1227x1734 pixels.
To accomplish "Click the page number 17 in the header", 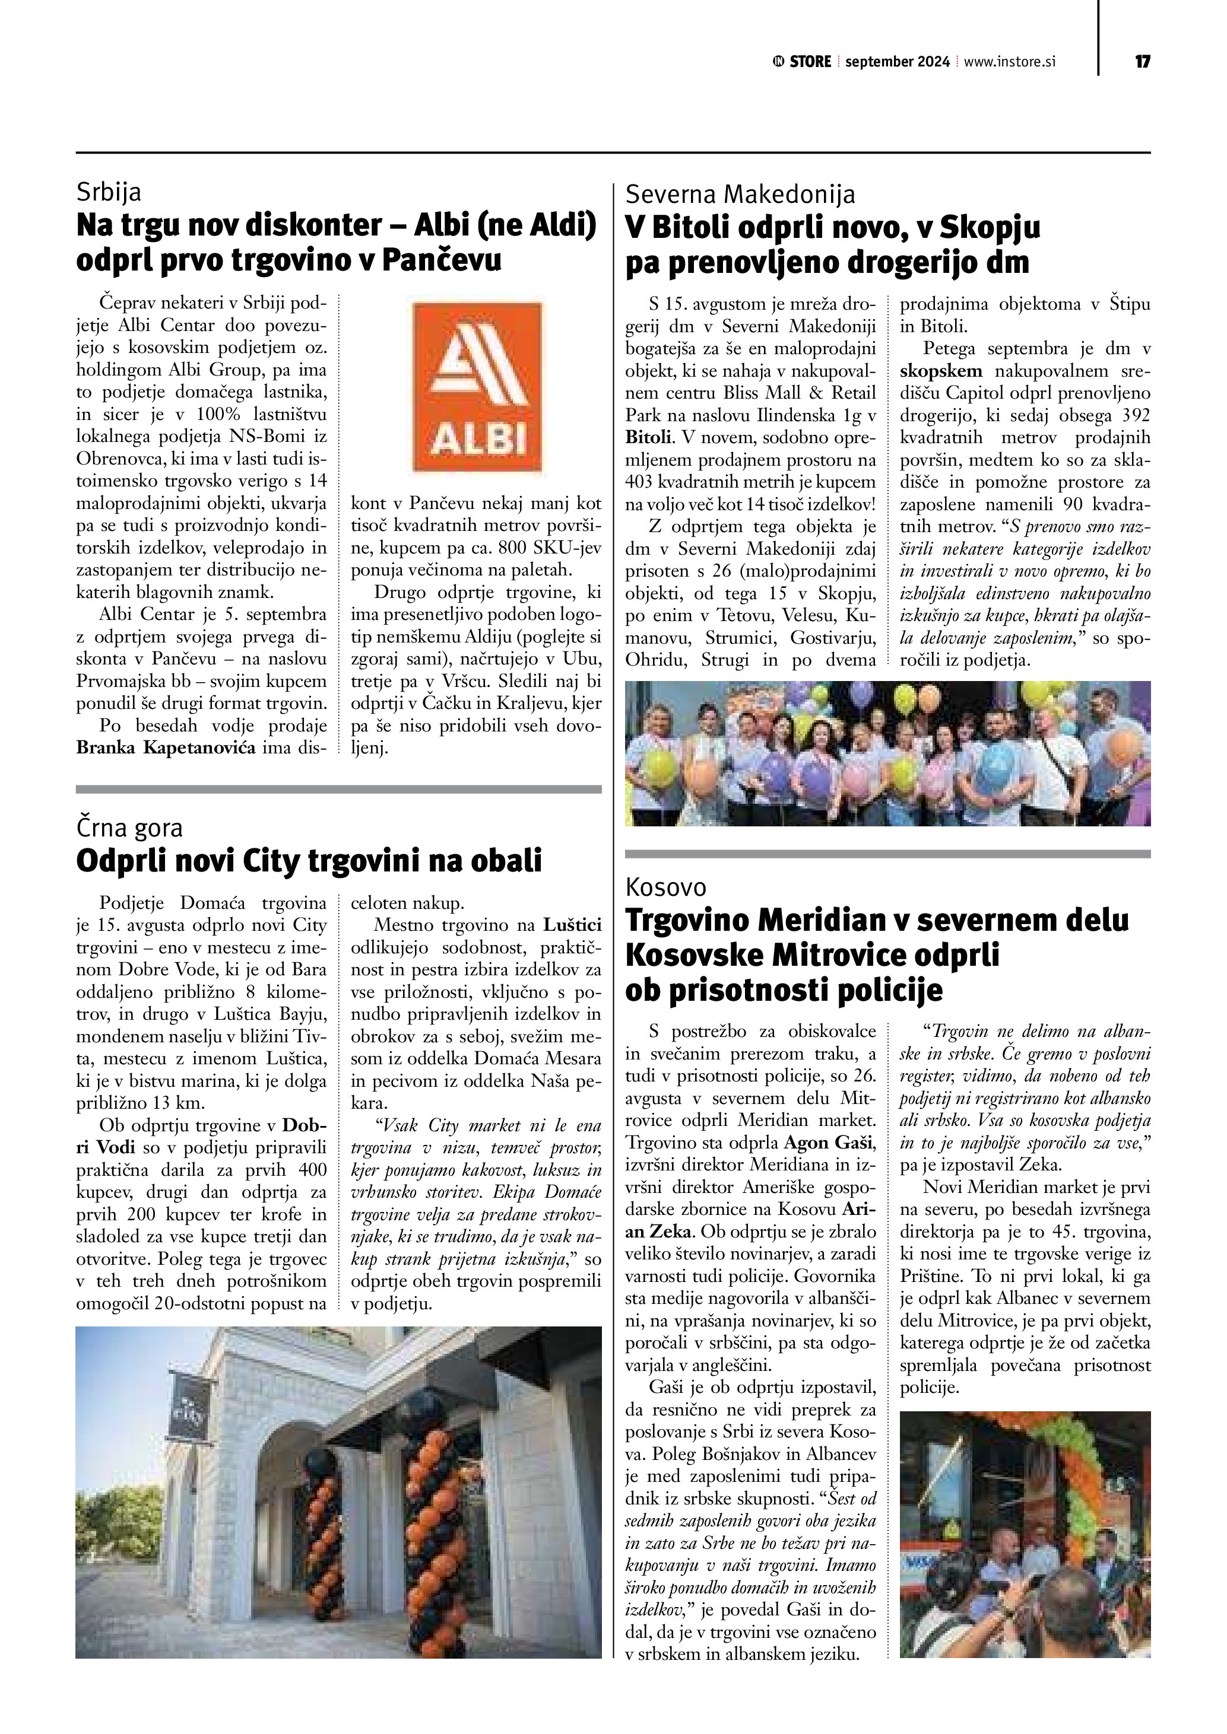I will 1142,62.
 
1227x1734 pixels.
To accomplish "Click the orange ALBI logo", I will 477,387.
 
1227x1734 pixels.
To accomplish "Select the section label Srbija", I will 109,193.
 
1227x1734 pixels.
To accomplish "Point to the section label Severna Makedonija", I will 740,195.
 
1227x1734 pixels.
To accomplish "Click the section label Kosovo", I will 665,887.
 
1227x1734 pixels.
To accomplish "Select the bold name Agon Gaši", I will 828,1141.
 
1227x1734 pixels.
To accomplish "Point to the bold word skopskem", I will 941,371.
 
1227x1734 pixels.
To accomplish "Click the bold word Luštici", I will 572,924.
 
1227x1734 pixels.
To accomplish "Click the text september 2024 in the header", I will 897,62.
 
